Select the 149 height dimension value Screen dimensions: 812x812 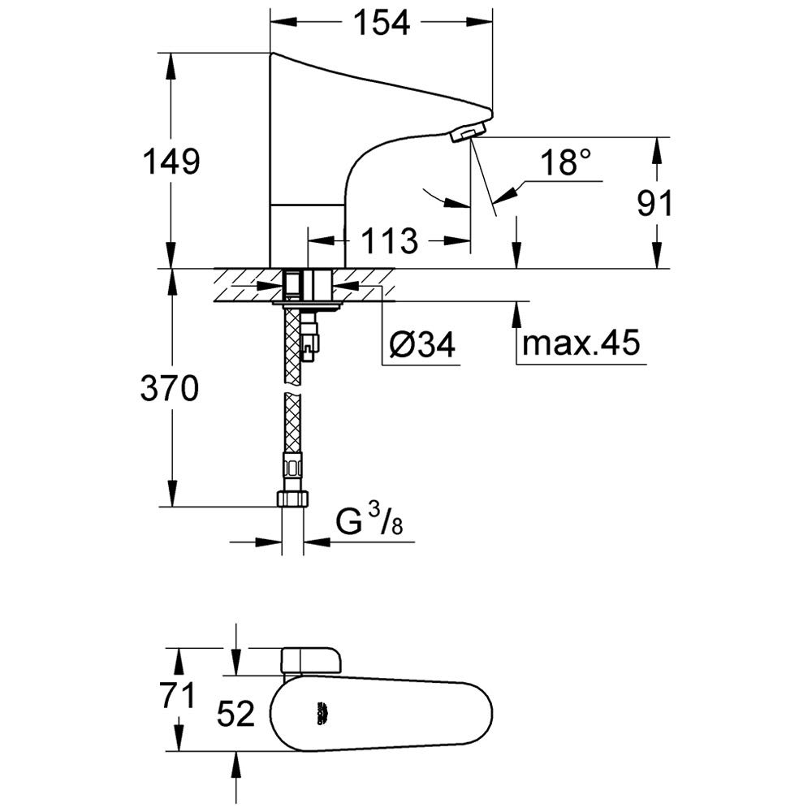tap(169, 162)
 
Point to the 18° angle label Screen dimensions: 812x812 tap(566, 163)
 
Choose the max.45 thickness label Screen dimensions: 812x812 tap(581, 343)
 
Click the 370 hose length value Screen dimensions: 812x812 tap(169, 391)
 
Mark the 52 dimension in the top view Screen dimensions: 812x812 tap(236, 715)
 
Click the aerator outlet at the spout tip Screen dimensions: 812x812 tap(467, 132)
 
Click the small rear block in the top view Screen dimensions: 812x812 tap(312, 659)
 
